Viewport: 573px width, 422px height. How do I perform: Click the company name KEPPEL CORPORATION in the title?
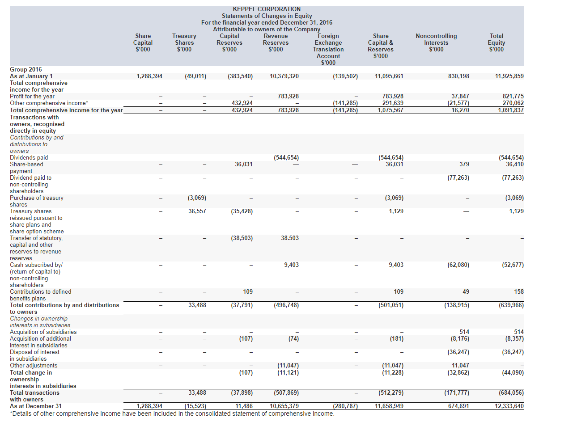(x=267, y=9)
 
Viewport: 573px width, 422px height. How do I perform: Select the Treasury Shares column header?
(x=184, y=42)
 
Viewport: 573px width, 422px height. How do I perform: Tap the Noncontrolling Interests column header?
(x=436, y=42)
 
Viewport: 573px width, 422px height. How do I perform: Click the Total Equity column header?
(x=496, y=42)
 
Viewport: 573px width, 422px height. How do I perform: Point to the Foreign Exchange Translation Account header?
(x=328, y=49)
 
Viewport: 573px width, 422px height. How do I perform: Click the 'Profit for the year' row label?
(x=32, y=96)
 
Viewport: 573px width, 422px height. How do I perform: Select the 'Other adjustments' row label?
(x=34, y=365)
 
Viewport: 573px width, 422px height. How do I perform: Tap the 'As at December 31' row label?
(x=36, y=406)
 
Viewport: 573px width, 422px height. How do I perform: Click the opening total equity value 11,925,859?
(x=509, y=76)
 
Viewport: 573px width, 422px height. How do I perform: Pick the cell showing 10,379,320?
(x=284, y=76)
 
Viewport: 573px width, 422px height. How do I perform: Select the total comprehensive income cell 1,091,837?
(x=510, y=110)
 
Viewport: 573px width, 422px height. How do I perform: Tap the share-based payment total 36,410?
(x=514, y=164)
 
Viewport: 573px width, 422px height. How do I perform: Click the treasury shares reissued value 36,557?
(x=197, y=211)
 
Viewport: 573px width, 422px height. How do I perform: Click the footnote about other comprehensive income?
(x=172, y=414)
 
